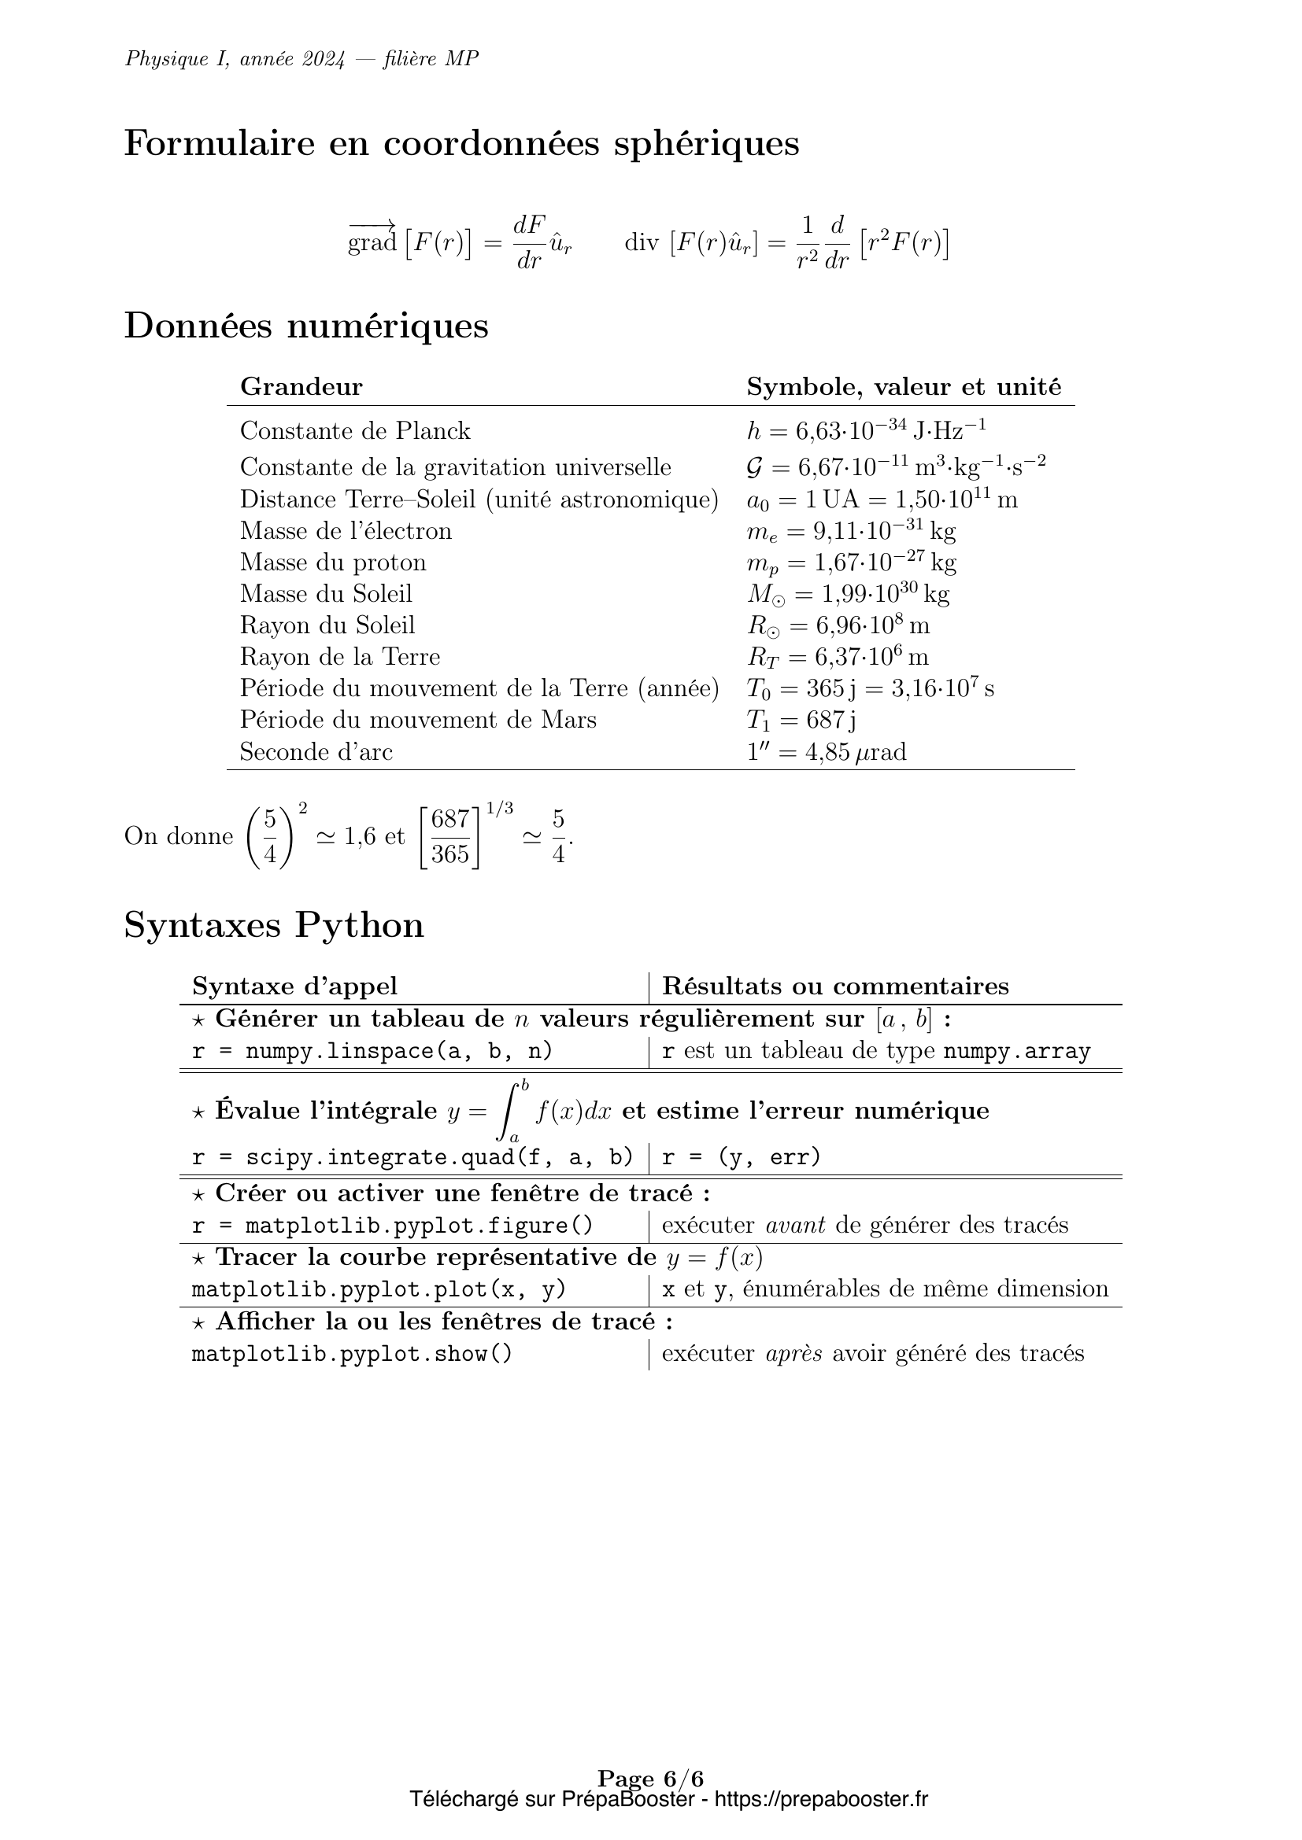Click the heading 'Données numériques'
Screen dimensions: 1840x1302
pos(305,326)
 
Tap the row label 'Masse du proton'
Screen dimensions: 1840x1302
pos(333,562)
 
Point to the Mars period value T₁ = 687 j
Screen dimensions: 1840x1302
pos(801,720)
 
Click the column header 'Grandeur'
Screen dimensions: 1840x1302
pos(301,387)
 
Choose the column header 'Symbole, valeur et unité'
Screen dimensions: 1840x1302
pos(904,387)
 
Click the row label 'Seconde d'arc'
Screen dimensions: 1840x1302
pos(316,752)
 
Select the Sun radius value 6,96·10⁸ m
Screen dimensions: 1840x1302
pos(838,625)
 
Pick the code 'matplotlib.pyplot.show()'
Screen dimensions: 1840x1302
pos(352,1354)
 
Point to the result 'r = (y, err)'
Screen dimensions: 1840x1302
pos(742,1157)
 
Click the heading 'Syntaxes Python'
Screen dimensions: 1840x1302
pos(273,926)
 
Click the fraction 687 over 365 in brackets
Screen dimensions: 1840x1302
pos(449,837)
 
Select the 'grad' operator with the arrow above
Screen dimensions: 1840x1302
pos(372,239)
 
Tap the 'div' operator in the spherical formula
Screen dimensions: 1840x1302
pos(642,242)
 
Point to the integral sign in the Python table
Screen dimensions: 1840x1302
pos(508,1111)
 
